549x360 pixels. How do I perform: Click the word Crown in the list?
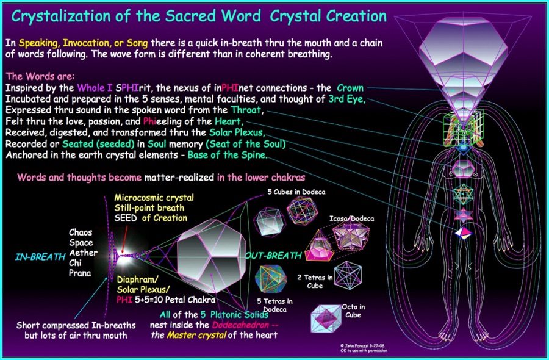tap(350, 88)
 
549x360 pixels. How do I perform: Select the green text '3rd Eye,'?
tap(347, 99)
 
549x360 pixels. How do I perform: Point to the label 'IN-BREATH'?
tap(40, 257)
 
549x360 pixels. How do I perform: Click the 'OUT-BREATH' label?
tap(273, 256)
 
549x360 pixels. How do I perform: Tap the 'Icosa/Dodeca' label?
tap(351, 218)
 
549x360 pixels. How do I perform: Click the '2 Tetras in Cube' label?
tap(315, 281)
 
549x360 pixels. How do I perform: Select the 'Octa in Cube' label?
tap(353, 311)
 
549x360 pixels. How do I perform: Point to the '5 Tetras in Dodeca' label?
tap(275, 305)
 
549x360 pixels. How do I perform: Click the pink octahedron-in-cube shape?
tap(326, 319)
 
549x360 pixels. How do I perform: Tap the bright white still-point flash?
tap(123, 256)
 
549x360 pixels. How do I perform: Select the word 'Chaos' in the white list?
tap(81, 232)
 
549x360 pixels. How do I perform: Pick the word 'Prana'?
tap(80, 273)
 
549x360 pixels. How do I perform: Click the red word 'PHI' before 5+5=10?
tap(124, 300)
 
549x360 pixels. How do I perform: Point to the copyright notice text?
tap(364, 348)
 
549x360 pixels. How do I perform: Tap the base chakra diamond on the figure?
tap(463, 233)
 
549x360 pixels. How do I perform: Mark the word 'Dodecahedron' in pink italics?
tap(240, 325)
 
